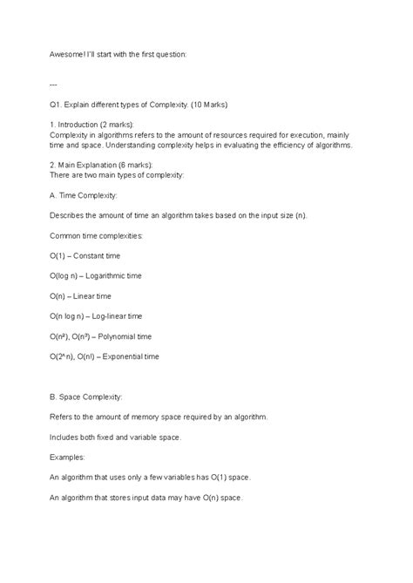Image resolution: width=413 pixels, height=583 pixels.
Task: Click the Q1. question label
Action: [x=58, y=105]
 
